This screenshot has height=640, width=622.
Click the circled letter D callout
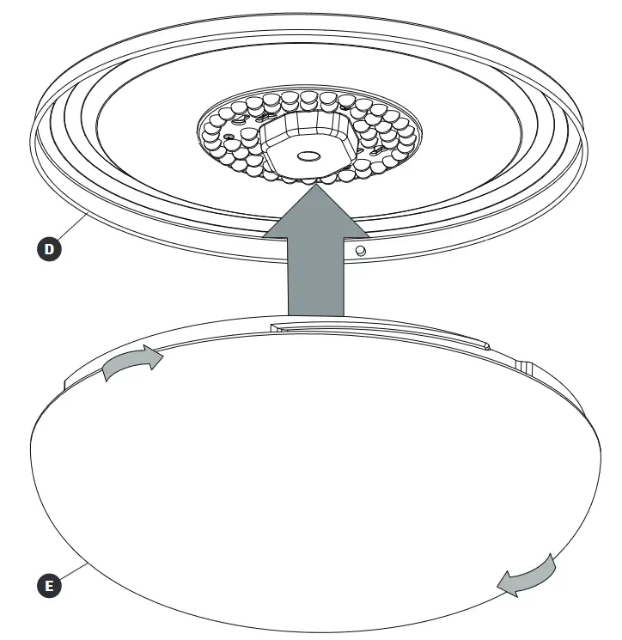click(x=52, y=250)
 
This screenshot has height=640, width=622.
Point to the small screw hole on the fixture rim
click(x=362, y=250)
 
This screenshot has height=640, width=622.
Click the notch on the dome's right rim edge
click(x=525, y=364)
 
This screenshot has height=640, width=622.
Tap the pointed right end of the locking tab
click(x=488, y=347)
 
